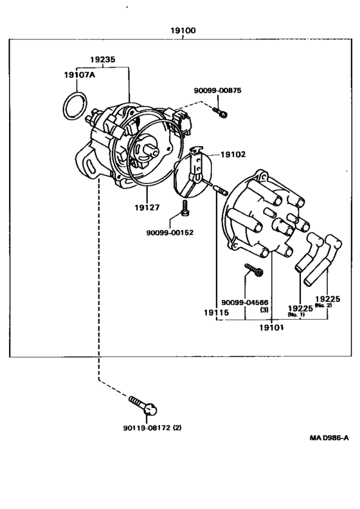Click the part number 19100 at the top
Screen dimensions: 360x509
(x=183, y=30)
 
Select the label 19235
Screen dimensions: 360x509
(x=102, y=59)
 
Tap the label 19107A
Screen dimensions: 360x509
(x=80, y=75)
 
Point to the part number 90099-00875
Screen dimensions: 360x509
(x=218, y=90)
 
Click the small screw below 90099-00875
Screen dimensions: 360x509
(x=221, y=113)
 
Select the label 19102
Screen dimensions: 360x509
(x=233, y=154)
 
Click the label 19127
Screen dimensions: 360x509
(x=147, y=207)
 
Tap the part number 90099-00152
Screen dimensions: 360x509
(x=170, y=232)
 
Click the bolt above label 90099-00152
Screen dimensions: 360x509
(x=185, y=208)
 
